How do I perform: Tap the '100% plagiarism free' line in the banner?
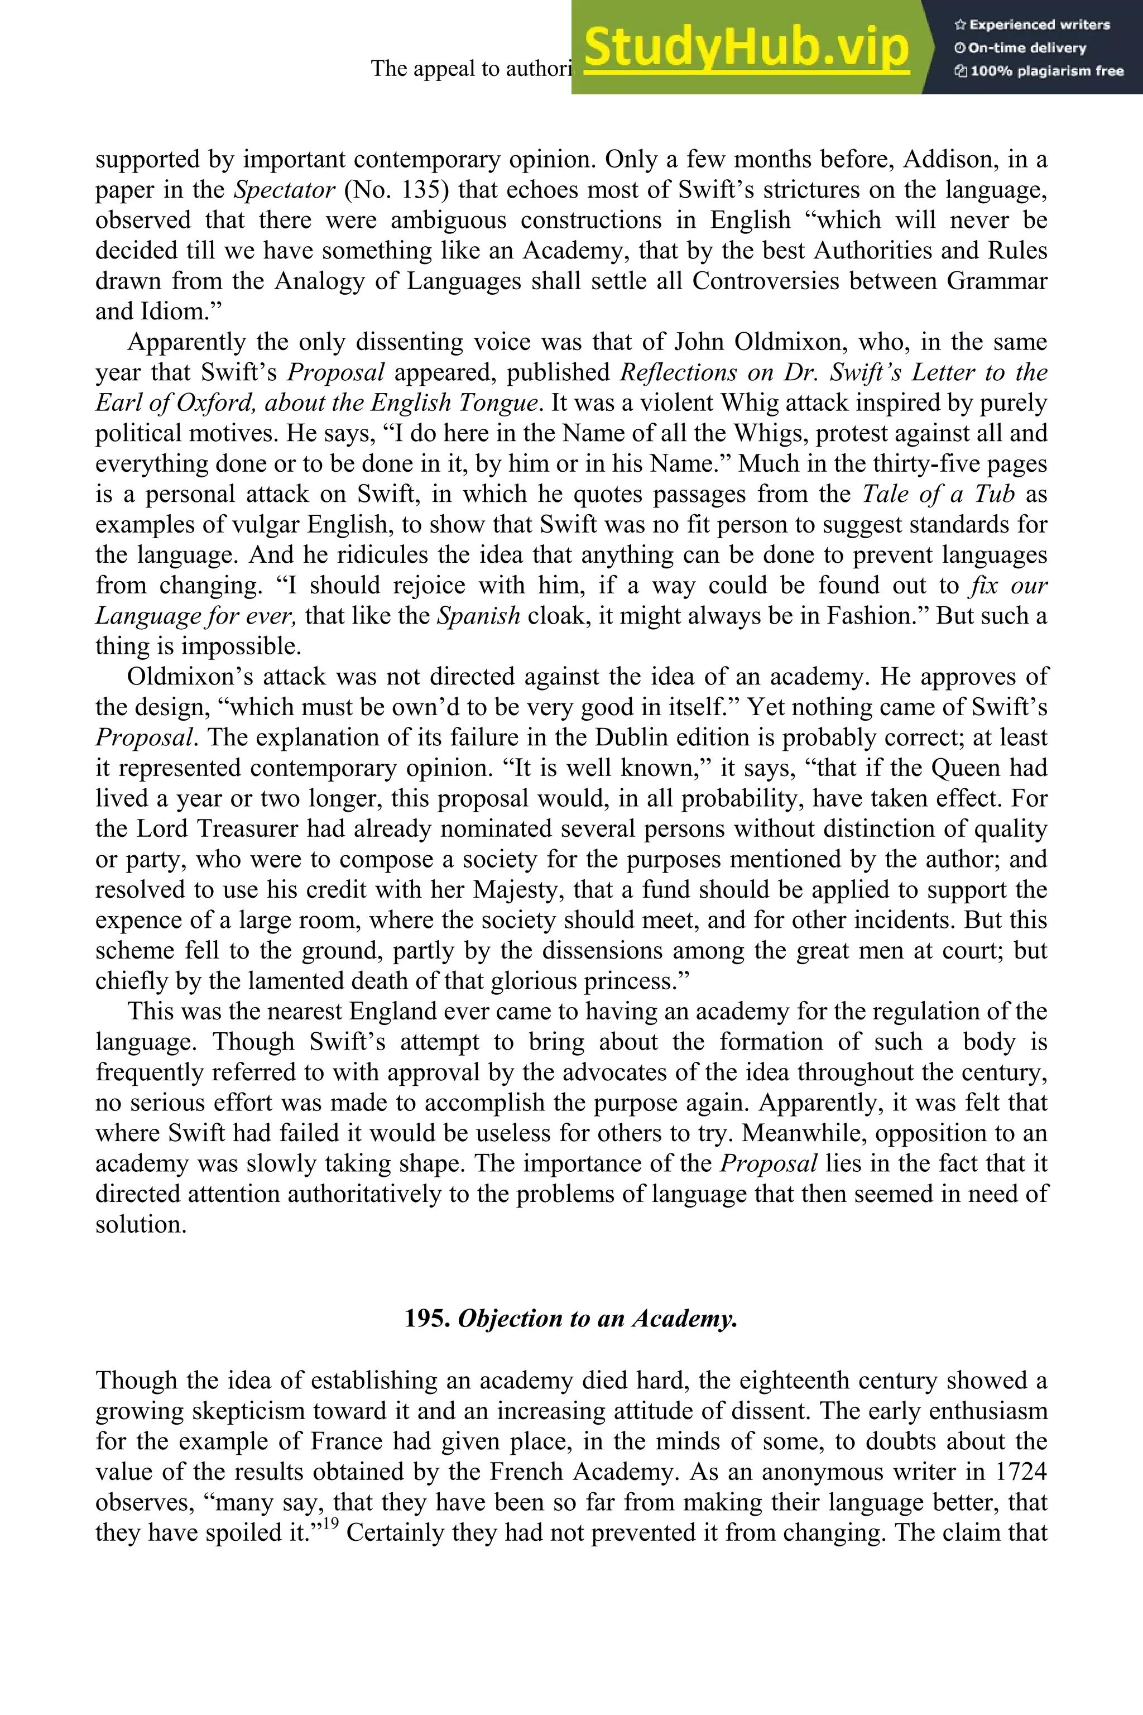tap(1039, 71)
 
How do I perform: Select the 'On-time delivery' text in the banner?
tap(1021, 47)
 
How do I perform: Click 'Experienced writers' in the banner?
tap(1032, 24)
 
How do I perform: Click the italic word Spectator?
tap(284, 190)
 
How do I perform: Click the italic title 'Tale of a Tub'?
tap(939, 495)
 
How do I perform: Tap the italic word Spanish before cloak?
tap(478, 616)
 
